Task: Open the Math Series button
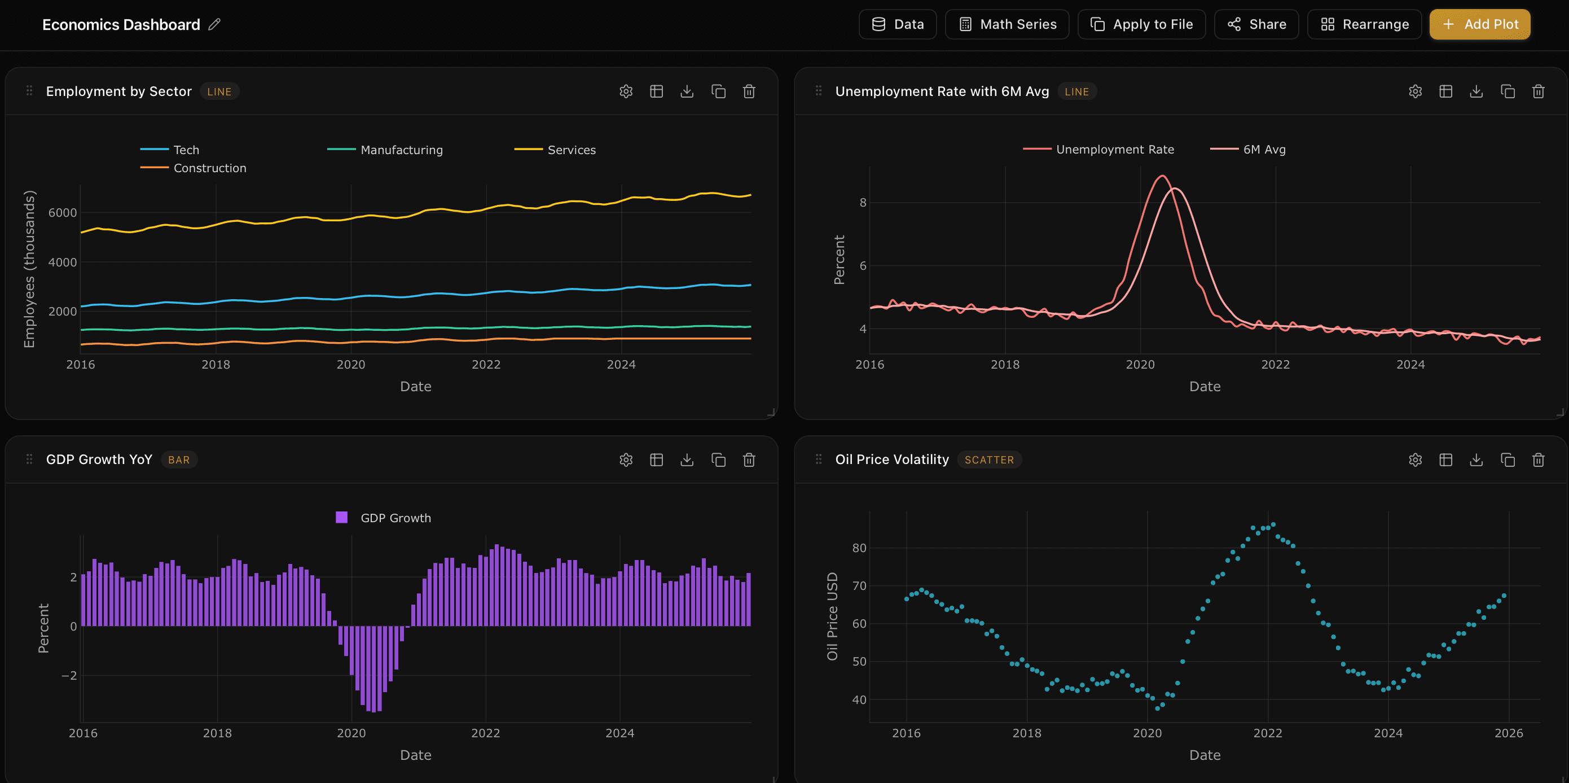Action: click(x=1007, y=24)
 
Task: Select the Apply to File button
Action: click(x=1141, y=24)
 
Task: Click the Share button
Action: click(x=1256, y=24)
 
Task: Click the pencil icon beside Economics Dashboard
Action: click(x=214, y=24)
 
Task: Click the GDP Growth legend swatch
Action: click(x=342, y=517)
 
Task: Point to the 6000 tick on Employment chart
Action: click(x=63, y=213)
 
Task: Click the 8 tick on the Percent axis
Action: click(x=863, y=202)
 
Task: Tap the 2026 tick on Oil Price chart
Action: click(x=1508, y=733)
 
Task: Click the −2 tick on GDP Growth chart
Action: click(x=69, y=675)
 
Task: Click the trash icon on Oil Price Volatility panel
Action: click(x=1538, y=460)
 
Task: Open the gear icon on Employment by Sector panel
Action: click(x=626, y=91)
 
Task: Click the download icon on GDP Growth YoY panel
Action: click(x=687, y=460)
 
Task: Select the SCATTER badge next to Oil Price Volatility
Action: click(x=988, y=460)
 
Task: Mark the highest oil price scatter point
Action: click(x=1273, y=524)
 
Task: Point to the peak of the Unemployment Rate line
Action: click(x=1163, y=176)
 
